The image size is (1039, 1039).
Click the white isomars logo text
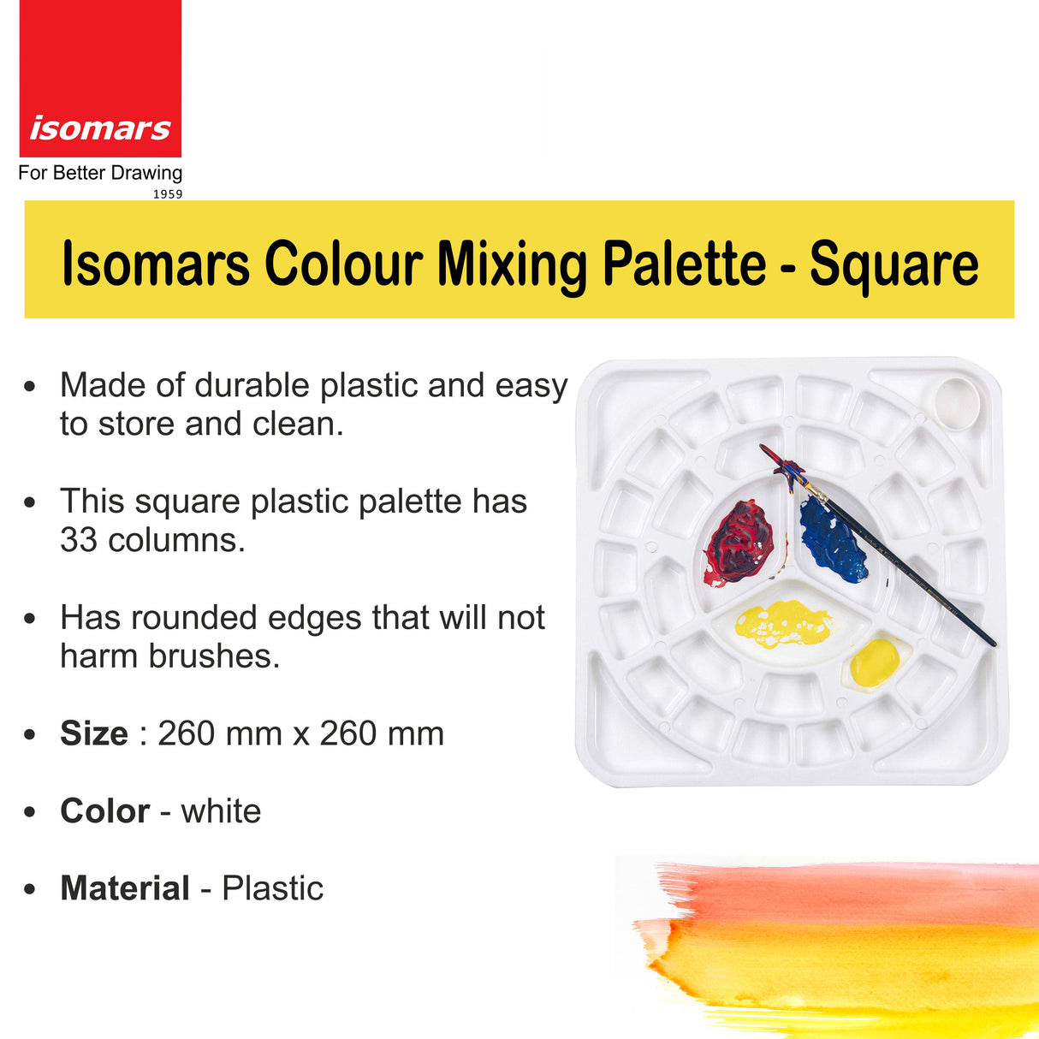pyautogui.click(x=100, y=128)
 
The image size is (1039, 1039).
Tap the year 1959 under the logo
pyautogui.click(x=168, y=194)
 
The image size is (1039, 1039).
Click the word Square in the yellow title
pyautogui.click(x=894, y=264)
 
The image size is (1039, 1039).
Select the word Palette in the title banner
pyautogui.click(x=684, y=264)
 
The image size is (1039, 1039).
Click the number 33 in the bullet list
pyautogui.click(x=78, y=540)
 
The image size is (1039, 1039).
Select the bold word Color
pyautogui.click(x=104, y=811)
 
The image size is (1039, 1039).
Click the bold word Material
pyautogui.click(x=125, y=888)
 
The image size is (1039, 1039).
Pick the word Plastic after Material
pyautogui.click(x=272, y=888)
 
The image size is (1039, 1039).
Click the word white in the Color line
pyautogui.click(x=221, y=811)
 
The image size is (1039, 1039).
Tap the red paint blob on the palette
pyautogui.click(x=741, y=541)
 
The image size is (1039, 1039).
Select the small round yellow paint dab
pyautogui.click(x=876, y=662)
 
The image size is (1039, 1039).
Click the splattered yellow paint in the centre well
pyautogui.click(x=781, y=623)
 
